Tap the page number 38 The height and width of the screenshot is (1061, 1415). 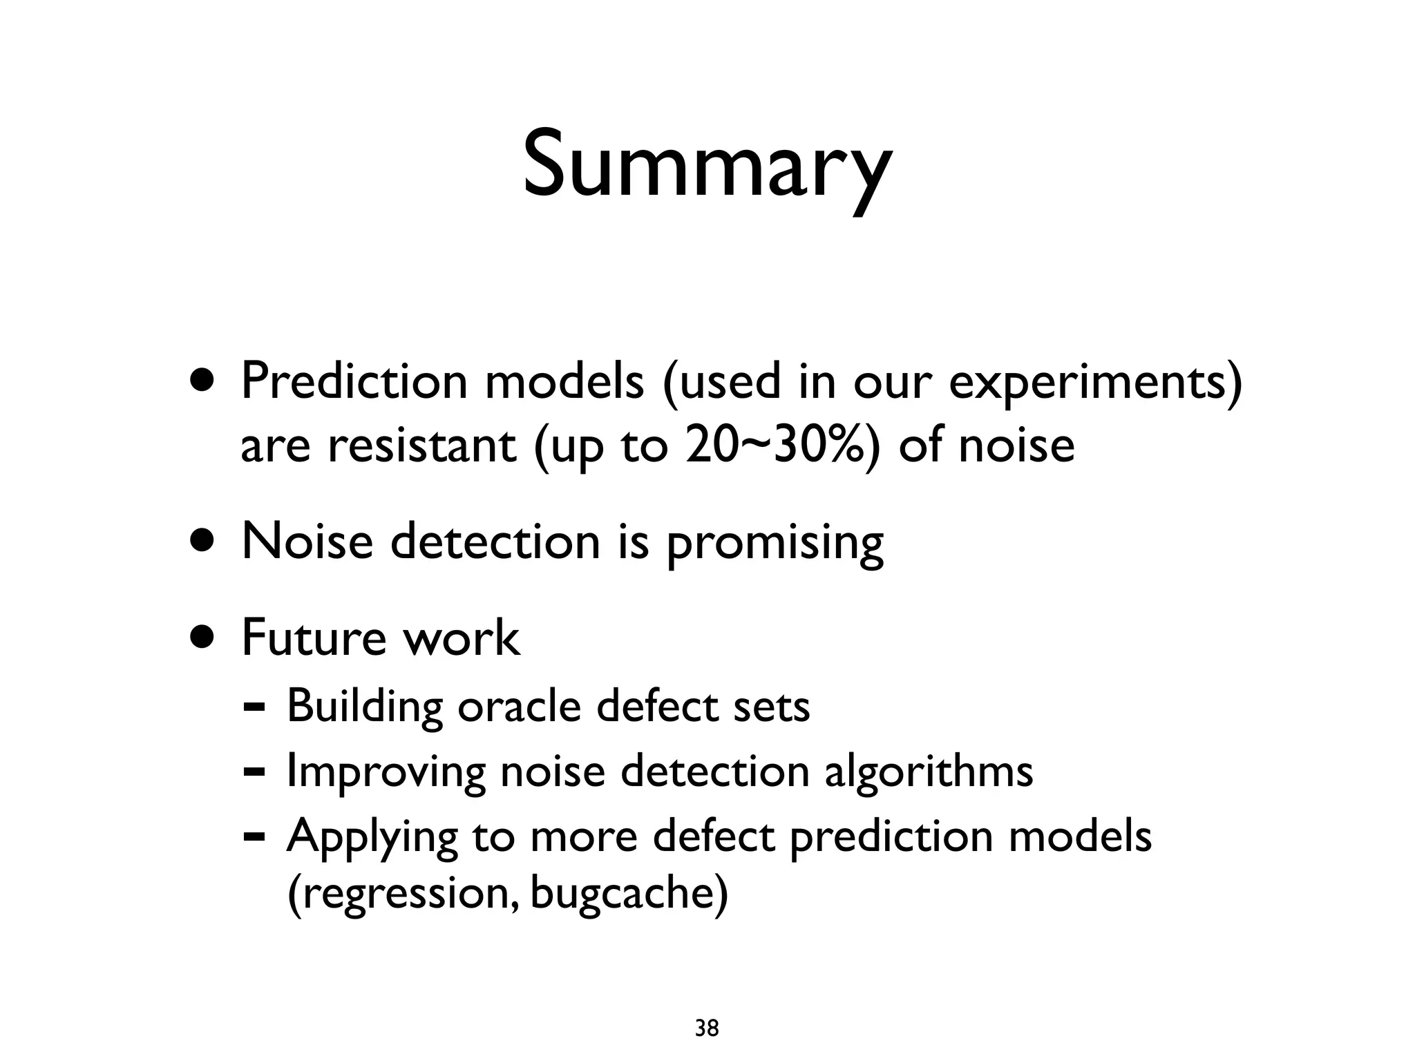coord(707,1029)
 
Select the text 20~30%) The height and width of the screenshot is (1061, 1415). coord(784,446)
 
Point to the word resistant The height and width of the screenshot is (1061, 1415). coord(421,446)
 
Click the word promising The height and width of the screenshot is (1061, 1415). coord(775,544)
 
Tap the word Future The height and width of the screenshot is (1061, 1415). coord(313,638)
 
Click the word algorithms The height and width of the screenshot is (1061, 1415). coord(929,772)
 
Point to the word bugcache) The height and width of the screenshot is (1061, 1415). coord(629,894)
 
